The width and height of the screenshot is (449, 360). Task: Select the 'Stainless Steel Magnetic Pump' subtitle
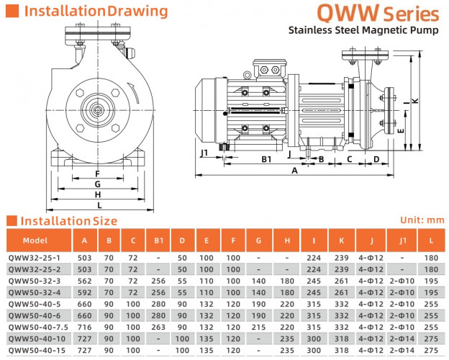click(x=363, y=30)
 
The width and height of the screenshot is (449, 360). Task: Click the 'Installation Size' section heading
click(x=68, y=220)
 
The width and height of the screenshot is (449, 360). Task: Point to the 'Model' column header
click(x=35, y=241)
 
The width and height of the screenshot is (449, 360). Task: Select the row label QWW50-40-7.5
click(x=37, y=326)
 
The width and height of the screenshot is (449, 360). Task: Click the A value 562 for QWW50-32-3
click(x=85, y=281)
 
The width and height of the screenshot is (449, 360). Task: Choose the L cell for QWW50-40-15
click(x=430, y=349)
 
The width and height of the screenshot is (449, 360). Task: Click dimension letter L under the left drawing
click(x=98, y=205)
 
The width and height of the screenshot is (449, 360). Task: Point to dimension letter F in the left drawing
click(x=96, y=173)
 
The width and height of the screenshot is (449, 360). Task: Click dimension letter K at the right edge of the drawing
click(x=415, y=99)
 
